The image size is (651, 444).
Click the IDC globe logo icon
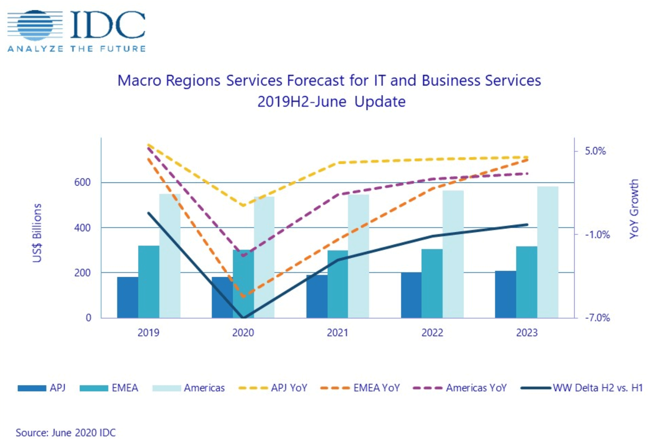35,25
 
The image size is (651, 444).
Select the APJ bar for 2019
127,297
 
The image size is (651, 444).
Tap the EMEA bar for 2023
526,282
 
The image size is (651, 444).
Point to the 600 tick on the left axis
83,182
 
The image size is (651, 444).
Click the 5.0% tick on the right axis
595,151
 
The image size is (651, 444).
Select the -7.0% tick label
597,318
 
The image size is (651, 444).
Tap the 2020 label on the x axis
243,333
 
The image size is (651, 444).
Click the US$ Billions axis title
37,233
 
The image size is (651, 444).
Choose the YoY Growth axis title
634,209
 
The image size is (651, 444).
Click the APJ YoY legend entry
273,388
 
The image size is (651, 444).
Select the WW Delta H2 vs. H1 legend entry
582,388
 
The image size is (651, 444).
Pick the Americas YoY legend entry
460,388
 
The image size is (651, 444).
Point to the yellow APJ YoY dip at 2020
243,206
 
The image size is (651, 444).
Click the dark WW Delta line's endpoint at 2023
527,225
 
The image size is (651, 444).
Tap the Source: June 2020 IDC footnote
65,433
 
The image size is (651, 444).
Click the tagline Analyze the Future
76,49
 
